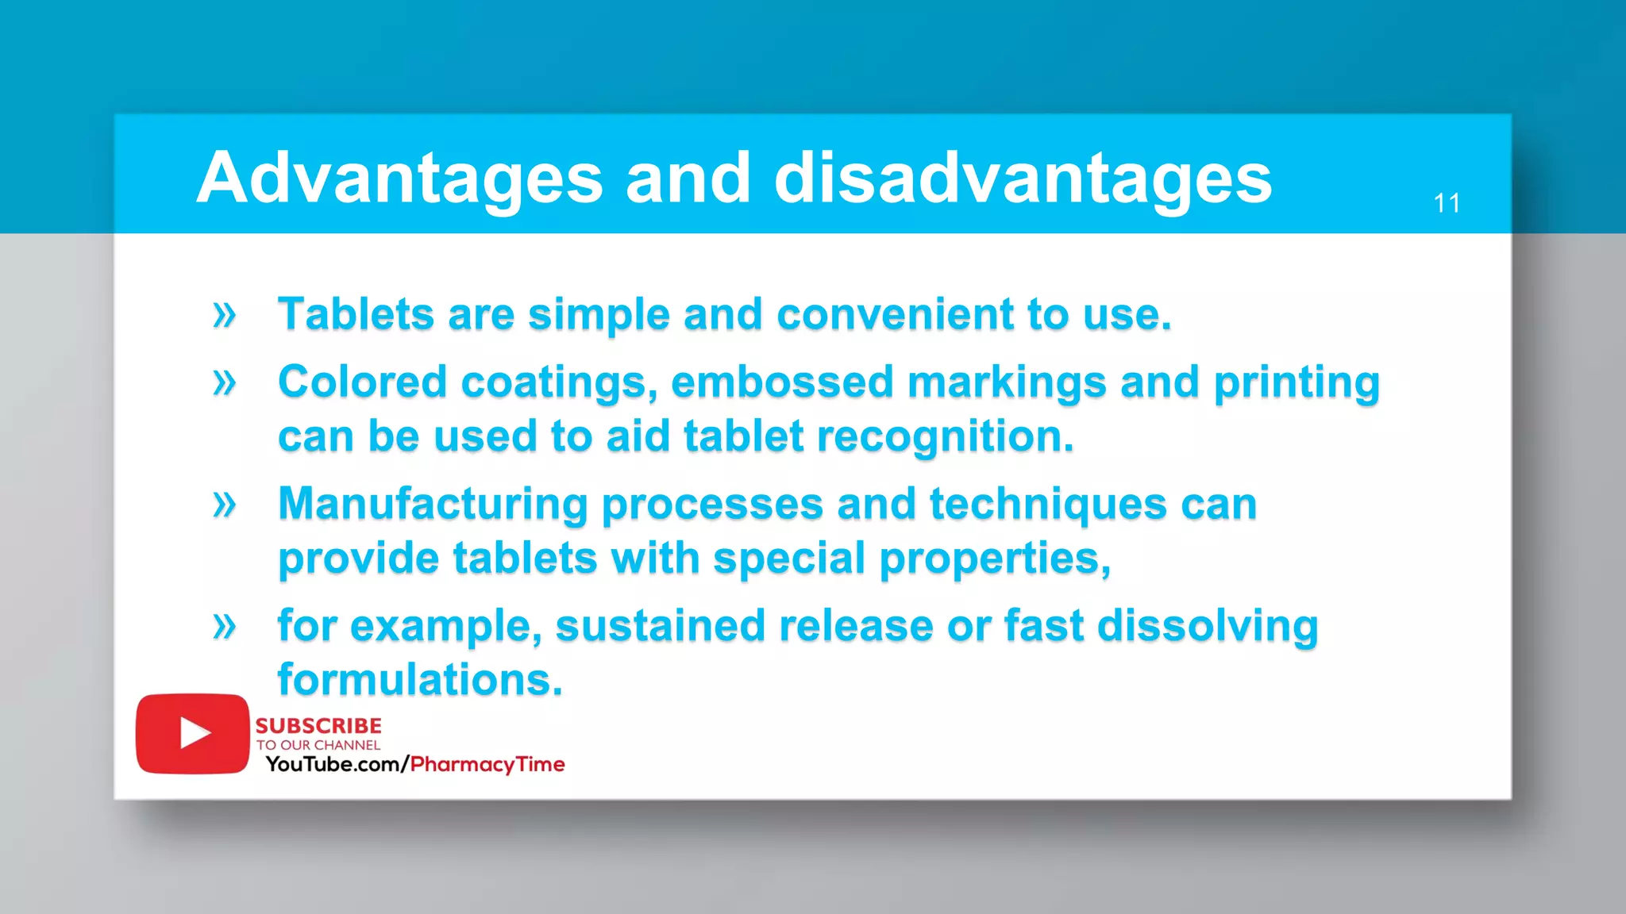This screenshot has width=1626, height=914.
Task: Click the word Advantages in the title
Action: (x=399, y=179)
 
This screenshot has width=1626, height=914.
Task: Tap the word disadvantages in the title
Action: (x=1023, y=179)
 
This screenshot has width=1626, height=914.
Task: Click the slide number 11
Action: (x=1447, y=204)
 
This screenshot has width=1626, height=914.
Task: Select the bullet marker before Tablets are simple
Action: (x=225, y=315)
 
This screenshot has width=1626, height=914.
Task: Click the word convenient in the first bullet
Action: (x=895, y=315)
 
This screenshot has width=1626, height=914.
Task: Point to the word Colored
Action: (x=362, y=382)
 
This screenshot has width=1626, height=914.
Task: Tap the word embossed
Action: (x=782, y=382)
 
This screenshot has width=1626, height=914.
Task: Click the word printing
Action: (x=1297, y=382)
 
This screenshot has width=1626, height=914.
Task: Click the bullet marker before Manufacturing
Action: (x=225, y=505)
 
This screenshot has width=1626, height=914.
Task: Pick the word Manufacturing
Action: (x=433, y=505)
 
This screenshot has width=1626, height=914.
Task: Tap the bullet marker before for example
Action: (x=225, y=627)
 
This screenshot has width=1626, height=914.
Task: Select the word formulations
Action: (x=420, y=681)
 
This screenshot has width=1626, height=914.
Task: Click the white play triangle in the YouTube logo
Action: (x=194, y=733)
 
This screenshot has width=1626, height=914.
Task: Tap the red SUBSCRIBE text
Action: (x=318, y=726)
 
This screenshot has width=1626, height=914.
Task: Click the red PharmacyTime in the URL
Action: (x=487, y=765)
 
